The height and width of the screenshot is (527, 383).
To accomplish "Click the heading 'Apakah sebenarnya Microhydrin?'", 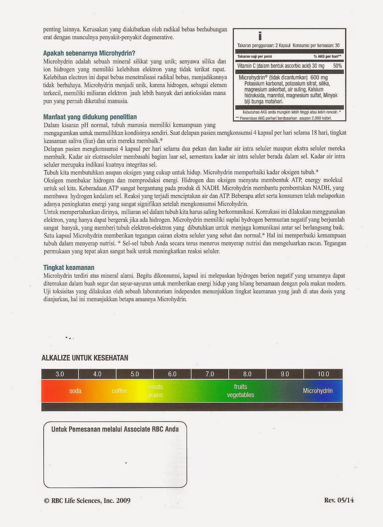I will tap(89, 53).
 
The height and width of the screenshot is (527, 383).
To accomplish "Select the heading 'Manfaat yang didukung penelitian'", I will tap(90, 117).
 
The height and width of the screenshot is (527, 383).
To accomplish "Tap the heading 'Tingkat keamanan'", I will tap(69, 267).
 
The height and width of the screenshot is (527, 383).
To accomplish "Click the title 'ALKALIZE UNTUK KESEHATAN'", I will tap(85, 358).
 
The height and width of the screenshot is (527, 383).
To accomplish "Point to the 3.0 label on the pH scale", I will tap(60, 374).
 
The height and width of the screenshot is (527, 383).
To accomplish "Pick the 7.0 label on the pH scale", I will tap(210, 374).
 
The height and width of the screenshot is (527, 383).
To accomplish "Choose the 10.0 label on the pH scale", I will tap(323, 374).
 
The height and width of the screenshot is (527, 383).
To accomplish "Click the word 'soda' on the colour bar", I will tap(75, 391).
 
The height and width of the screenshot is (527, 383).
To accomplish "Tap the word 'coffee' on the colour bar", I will tap(119, 391).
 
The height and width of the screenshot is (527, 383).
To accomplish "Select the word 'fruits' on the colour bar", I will tap(240, 387).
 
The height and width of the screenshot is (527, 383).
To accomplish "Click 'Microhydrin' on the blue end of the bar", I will tap(317, 391).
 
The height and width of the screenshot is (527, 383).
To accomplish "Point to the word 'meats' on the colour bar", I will tap(155, 387).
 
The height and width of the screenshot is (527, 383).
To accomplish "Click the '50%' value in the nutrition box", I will tap(337, 66).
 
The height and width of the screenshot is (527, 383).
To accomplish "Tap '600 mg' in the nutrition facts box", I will tap(319, 78).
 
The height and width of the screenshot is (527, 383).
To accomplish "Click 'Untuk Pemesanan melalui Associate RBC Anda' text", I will tap(115, 429).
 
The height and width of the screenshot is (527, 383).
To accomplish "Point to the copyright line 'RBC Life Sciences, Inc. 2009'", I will tap(87, 501).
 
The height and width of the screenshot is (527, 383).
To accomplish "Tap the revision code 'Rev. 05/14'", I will tap(339, 500).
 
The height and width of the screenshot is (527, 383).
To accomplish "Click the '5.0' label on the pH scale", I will tap(135, 374).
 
